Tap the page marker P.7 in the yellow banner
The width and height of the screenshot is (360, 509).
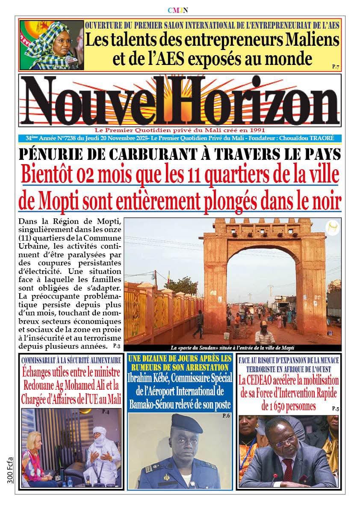pyautogui.click(x=335, y=67)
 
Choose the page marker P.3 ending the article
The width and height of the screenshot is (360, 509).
pyautogui.click(x=117, y=345)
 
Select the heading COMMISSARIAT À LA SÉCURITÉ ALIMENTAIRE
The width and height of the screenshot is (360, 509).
pyautogui.click(x=71, y=360)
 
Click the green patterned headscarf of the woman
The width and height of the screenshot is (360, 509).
pyautogui.click(x=43, y=43)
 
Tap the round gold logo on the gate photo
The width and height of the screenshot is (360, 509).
pyautogui.click(x=331, y=227)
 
